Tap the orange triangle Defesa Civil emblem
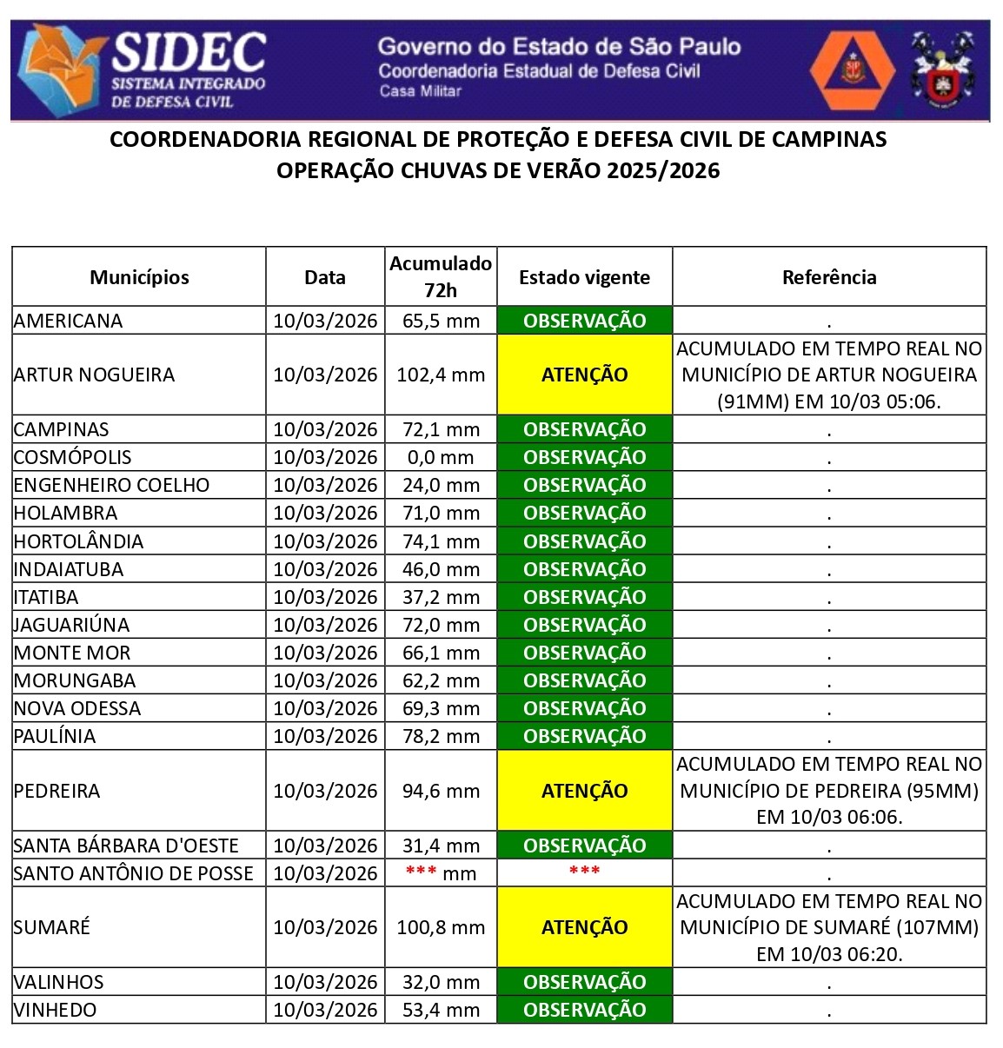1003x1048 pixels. pos(852,70)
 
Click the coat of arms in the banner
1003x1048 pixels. pos(941,70)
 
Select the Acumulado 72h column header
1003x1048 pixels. pos(441,276)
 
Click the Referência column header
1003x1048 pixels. pos(829,277)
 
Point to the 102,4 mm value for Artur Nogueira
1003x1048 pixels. pos(441,375)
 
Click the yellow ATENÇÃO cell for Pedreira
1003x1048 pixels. pos(584,791)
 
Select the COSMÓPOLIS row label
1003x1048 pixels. pos(73,457)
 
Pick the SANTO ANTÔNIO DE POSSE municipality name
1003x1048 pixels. pos(134,873)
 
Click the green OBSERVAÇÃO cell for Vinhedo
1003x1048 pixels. pos(584,1010)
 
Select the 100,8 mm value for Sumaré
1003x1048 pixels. pos(441,927)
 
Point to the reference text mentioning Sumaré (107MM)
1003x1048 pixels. pos(829,927)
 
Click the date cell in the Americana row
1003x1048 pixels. pos(325,321)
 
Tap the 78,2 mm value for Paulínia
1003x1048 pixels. pos(441,736)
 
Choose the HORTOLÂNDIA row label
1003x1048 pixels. pos(79,541)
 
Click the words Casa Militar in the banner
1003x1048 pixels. pos(420,91)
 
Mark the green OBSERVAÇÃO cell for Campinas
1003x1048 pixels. pos(584,429)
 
